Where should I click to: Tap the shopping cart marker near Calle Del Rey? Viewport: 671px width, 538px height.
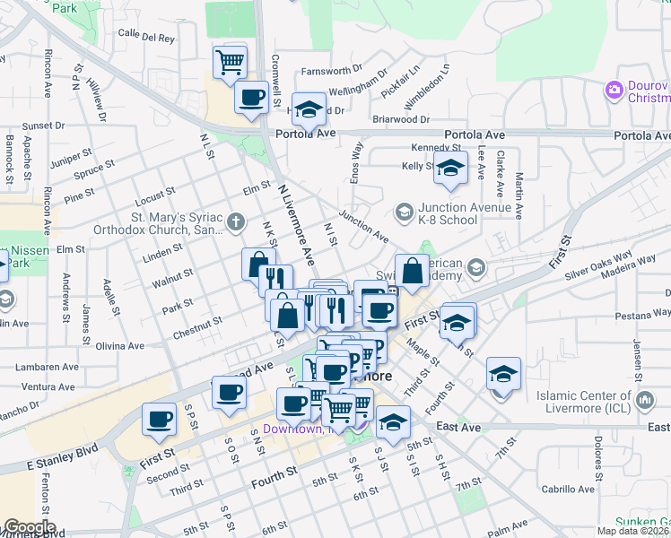click(231, 62)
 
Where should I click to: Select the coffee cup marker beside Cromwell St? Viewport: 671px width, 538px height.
click(251, 97)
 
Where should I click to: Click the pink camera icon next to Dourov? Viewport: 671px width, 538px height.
click(614, 89)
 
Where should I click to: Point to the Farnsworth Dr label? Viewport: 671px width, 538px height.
click(331, 68)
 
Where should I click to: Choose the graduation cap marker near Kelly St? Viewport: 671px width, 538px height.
click(450, 167)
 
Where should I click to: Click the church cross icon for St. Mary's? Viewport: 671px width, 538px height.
click(235, 221)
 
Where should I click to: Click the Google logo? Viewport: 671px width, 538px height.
click(29, 527)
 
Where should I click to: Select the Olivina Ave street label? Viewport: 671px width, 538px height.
click(118, 345)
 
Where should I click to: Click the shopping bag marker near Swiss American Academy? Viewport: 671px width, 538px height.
click(412, 270)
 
